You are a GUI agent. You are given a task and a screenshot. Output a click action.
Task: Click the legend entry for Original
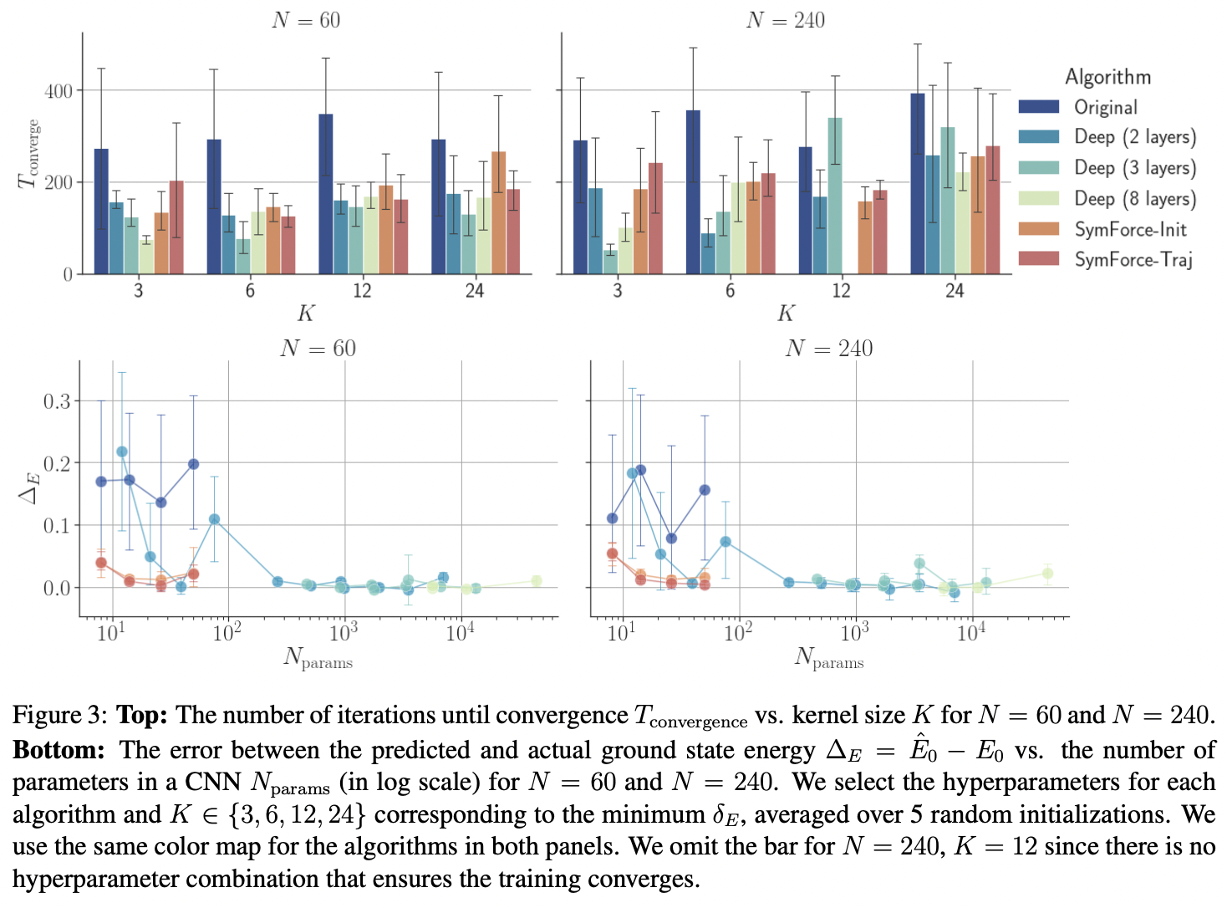pyautogui.click(x=1105, y=107)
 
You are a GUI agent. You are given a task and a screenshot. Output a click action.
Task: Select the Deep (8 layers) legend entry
pyautogui.click(x=1134, y=198)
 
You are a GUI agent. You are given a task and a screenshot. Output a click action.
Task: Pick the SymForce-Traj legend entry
pyautogui.click(x=1133, y=259)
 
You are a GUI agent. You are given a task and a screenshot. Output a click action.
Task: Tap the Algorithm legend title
pyautogui.click(x=1107, y=77)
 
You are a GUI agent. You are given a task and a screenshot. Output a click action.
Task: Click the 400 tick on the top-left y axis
pyautogui.click(x=59, y=90)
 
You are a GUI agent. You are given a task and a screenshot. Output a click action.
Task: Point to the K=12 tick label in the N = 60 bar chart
pyautogui.click(x=362, y=290)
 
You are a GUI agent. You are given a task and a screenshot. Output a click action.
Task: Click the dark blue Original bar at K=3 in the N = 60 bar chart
pyautogui.click(x=101, y=212)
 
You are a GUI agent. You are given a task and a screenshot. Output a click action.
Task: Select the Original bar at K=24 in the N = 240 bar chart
pyautogui.click(x=918, y=184)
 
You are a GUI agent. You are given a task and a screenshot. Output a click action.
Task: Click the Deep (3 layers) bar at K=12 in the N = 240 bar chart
pyautogui.click(x=835, y=196)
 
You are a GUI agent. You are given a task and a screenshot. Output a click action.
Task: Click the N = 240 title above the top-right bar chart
pyautogui.click(x=785, y=20)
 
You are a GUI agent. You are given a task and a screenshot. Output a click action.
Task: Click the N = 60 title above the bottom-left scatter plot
pyautogui.click(x=318, y=348)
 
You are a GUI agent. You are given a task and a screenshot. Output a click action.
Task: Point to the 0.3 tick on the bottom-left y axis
pyautogui.click(x=57, y=401)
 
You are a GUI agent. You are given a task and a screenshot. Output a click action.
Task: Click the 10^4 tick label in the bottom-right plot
pyautogui.click(x=970, y=632)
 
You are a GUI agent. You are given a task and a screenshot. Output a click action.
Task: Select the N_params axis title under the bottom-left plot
pyautogui.click(x=318, y=659)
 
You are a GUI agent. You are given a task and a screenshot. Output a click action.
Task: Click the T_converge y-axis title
pyautogui.click(x=28, y=154)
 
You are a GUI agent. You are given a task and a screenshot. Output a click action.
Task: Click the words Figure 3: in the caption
pyautogui.click(x=59, y=716)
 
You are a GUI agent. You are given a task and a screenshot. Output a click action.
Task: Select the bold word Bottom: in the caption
pyautogui.click(x=59, y=750)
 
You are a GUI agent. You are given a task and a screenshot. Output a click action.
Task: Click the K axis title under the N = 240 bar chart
pyautogui.click(x=786, y=314)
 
